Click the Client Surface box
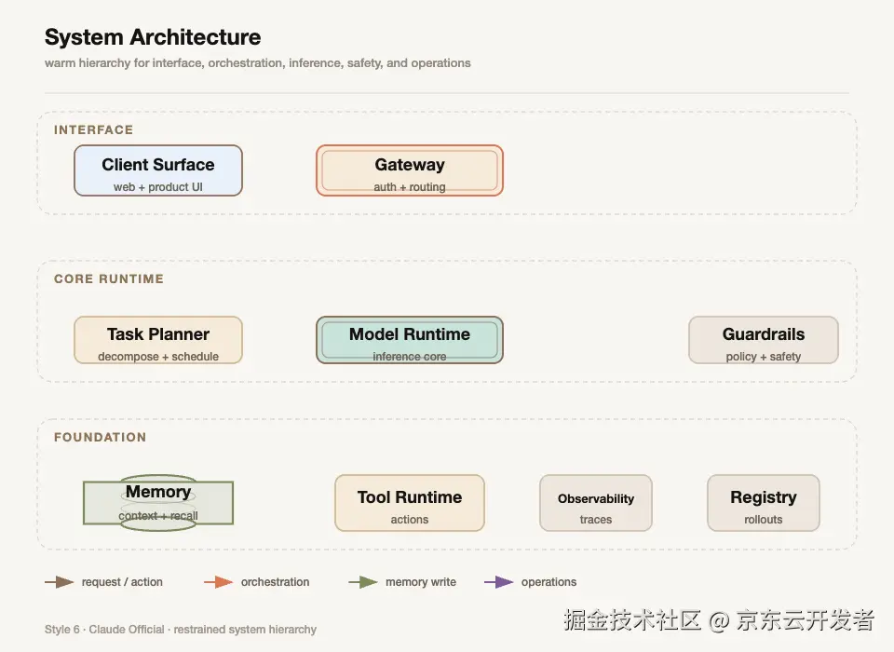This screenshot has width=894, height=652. coord(158,170)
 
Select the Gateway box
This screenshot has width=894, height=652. coord(410,170)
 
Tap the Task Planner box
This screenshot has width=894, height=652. coord(158,340)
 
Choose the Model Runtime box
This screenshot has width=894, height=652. coord(410,340)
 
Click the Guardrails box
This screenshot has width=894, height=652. coord(764,340)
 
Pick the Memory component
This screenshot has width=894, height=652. coord(158,503)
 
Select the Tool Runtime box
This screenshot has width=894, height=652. coord(410,503)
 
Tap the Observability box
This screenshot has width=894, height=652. coord(596,503)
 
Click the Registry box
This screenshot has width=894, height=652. coord(764,503)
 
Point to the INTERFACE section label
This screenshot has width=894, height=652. coord(93,130)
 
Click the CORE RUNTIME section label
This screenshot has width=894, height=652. coord(109,278)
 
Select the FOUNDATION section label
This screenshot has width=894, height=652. coord(101,438)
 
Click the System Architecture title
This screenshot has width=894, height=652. coord(153,37)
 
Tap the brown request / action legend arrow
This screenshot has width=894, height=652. coord(60,582)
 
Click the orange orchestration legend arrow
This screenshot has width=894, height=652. coord(218,582)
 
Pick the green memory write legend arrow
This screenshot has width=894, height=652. coord(363,582)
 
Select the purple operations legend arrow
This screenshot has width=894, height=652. coord(499,582)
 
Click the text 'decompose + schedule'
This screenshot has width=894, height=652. coord(158,357)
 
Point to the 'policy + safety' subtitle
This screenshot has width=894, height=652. coord(764,357)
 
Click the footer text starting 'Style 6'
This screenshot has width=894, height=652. coord(180,630)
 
